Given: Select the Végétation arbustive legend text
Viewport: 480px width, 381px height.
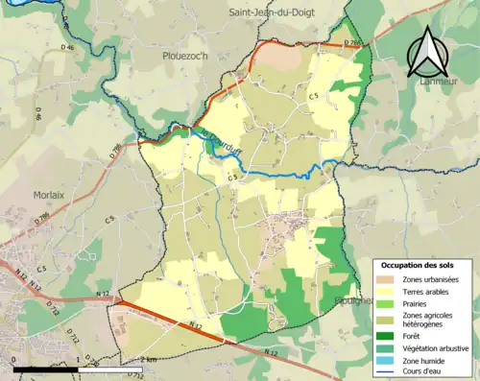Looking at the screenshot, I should pyautogui.click(x=431, y=347).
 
